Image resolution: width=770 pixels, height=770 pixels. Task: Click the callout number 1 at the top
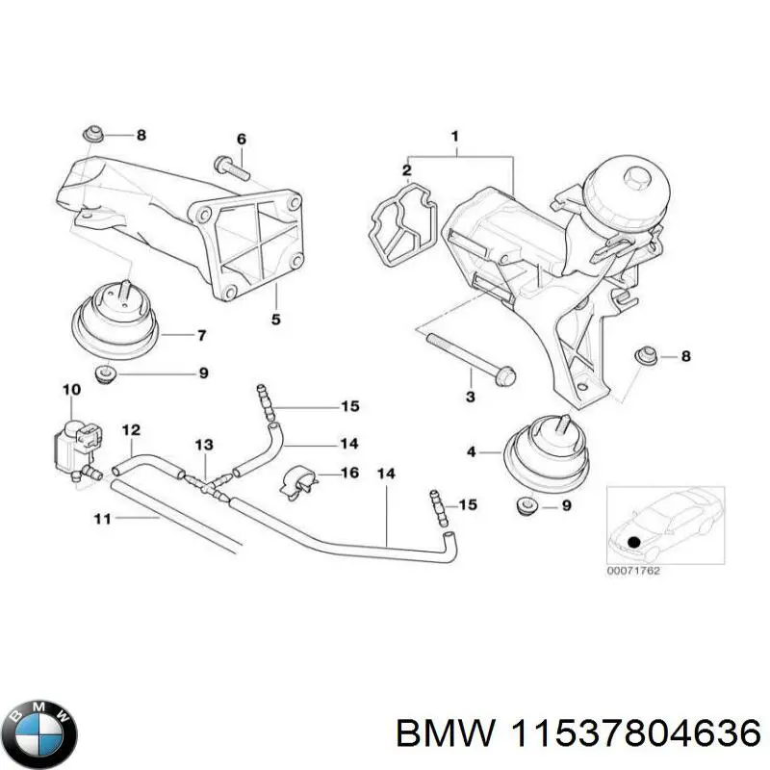[454, 136]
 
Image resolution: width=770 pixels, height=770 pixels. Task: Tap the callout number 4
[471, 450]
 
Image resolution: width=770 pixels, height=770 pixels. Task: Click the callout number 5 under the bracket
[275, 320]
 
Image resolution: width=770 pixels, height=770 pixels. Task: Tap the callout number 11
[103, 519]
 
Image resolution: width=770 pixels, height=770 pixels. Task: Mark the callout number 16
[349, 474]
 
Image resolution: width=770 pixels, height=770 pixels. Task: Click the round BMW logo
[39, 720]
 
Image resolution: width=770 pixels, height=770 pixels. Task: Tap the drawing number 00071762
[633, 570]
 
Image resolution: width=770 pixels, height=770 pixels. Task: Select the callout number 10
[72, 390]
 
